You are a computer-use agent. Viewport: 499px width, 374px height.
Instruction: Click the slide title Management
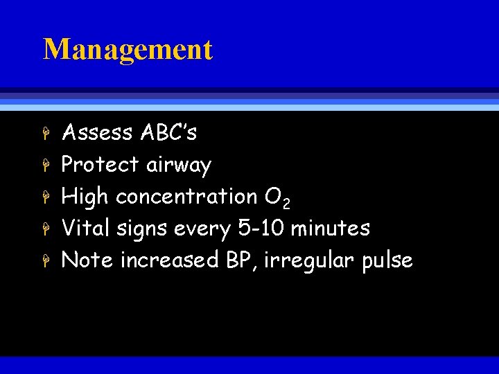pos(128,50)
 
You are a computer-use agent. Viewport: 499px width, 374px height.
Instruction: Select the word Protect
pos(101,164)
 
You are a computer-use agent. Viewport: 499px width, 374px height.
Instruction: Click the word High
pos(85,197)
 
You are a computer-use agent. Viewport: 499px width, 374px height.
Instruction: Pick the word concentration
pos(186,197)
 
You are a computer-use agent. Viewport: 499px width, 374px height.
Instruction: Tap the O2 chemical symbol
pos(278,198)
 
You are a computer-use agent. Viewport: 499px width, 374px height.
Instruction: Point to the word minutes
pos(331,228)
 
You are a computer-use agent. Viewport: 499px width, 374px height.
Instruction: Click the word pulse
pos(389,260)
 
